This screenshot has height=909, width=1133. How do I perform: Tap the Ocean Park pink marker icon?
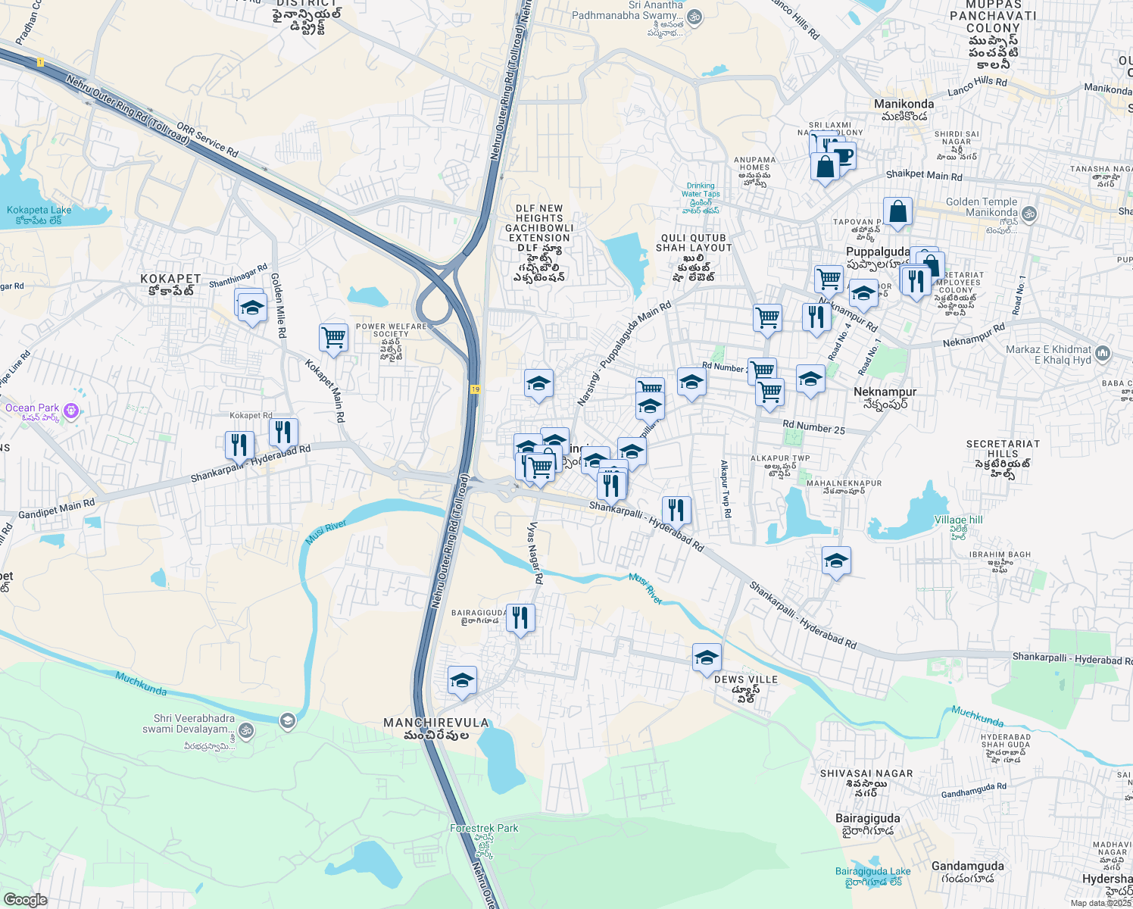71,411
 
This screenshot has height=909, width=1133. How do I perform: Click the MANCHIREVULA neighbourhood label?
436,723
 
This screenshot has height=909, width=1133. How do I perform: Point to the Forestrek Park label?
484,828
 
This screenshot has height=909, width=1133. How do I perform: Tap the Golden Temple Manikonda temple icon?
1028,214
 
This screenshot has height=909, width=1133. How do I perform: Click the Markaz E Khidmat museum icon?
1103,353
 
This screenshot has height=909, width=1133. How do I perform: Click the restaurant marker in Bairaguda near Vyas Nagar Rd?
520,617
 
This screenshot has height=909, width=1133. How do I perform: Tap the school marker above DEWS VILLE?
707,657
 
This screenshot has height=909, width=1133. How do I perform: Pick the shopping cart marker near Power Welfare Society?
333,337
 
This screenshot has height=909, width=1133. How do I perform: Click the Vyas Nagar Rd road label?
535,552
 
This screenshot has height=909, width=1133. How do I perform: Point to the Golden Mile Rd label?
278,305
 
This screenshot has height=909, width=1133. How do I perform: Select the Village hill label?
958,520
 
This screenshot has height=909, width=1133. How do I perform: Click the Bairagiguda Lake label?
872,871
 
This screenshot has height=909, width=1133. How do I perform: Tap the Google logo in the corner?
25,900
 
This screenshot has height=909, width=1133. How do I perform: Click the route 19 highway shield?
475,389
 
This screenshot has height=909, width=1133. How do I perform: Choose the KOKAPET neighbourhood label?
170,280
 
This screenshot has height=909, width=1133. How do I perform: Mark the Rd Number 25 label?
813,428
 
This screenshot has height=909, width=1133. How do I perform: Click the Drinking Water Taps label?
701,190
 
